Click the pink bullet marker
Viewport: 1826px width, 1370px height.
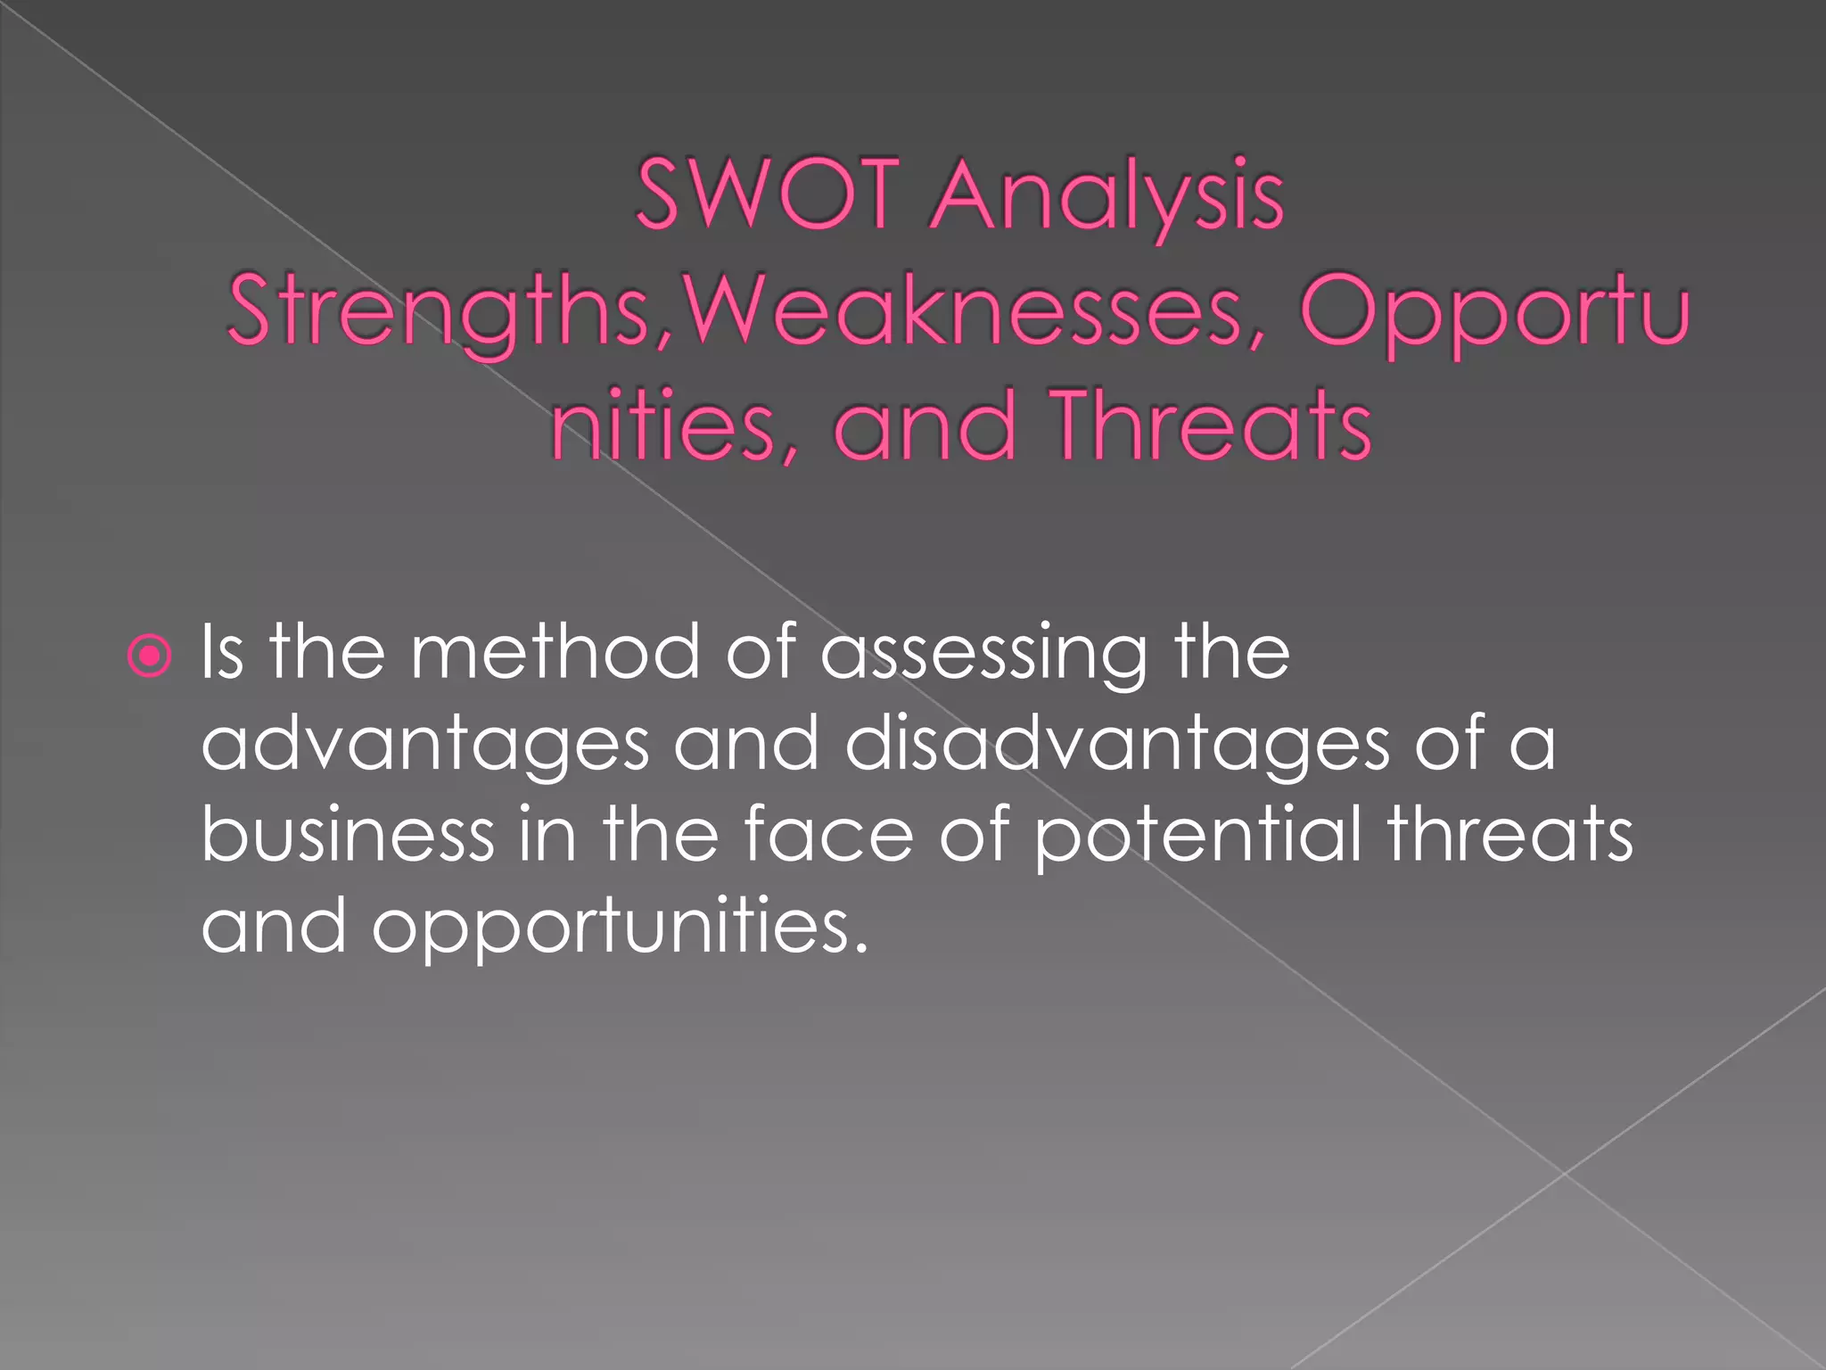149,657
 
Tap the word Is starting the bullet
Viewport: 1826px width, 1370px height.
222,653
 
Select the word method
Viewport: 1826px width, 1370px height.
555,653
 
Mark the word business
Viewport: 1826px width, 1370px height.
348,834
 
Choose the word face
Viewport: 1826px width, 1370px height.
828,834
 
